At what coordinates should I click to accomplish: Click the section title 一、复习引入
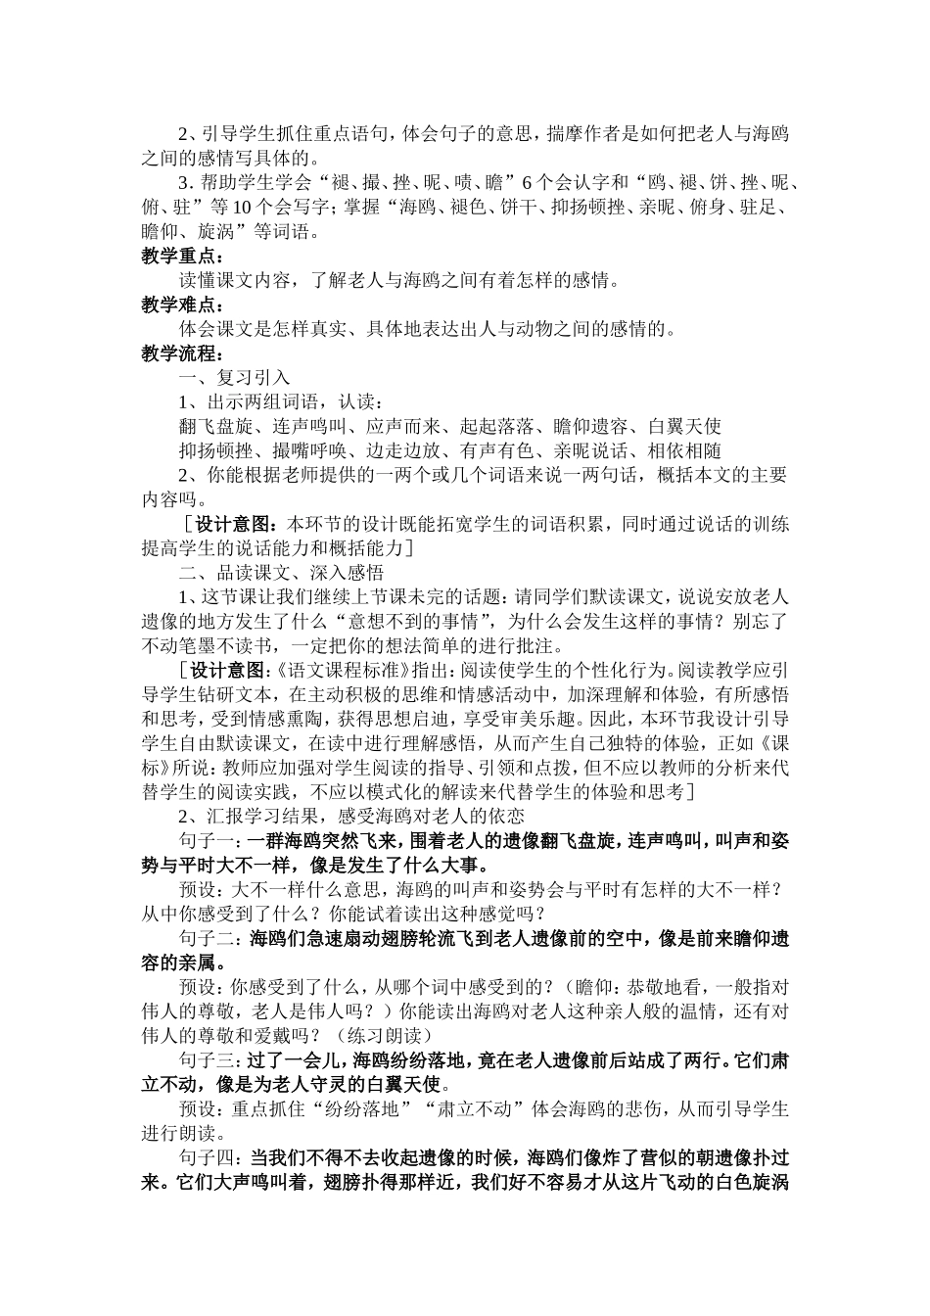point(233,377)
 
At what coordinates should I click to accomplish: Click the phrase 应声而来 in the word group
point(403,426)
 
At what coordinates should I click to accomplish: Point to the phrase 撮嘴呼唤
point(308,450)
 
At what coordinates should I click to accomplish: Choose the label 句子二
point(209,938)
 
